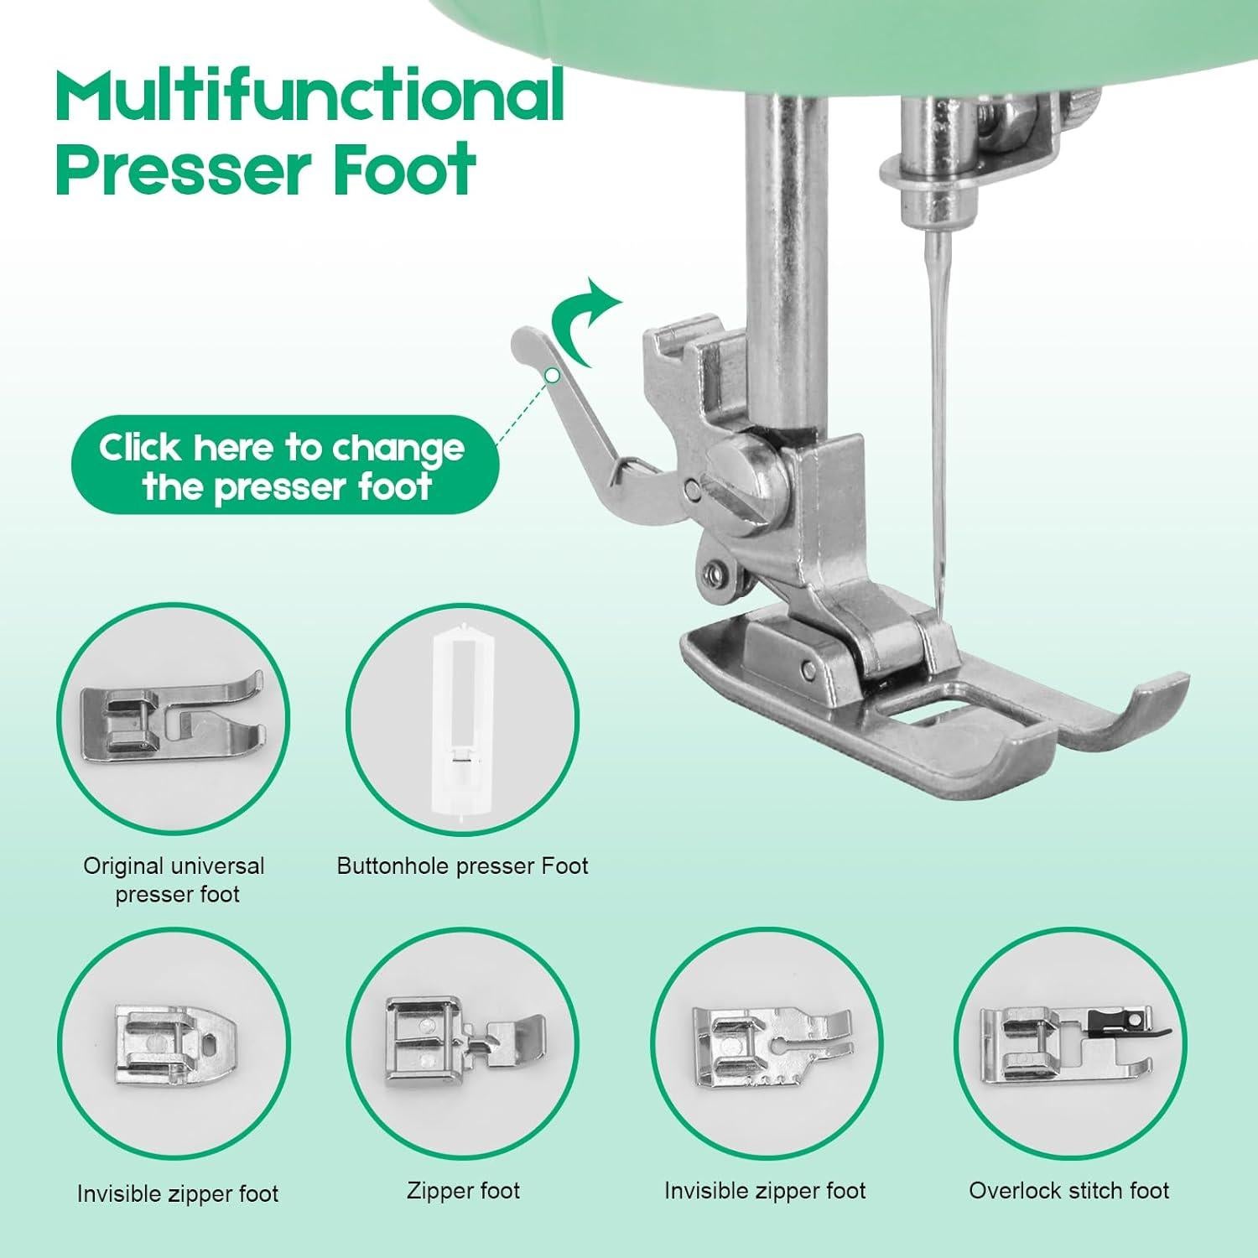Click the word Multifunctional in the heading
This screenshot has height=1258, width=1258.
coord(309,96)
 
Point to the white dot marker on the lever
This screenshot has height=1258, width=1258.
coord(552,376)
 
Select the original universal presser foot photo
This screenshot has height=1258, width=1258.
coord(172,719)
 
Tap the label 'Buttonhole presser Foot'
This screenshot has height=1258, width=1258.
coord(462,866)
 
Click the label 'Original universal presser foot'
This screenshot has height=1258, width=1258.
coord(174,880)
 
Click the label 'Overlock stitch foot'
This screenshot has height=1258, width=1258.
coord(1068,1190)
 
